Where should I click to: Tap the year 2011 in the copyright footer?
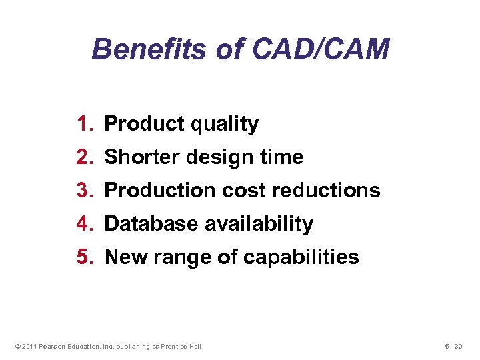point(29,346)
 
